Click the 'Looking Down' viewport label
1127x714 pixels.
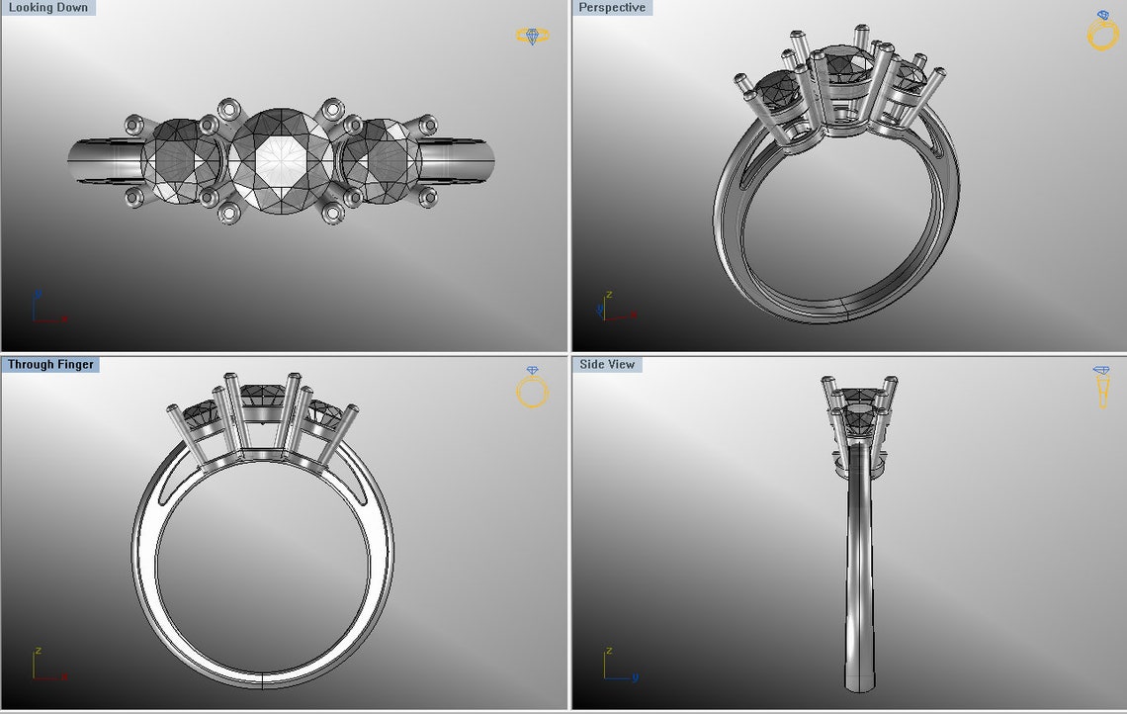47,8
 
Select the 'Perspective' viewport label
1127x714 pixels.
612,8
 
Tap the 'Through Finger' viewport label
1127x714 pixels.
50,365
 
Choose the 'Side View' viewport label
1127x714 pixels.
607,365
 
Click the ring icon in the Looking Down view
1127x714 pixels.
532,36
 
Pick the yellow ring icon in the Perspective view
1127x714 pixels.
1101,32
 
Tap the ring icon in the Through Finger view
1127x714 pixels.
532,388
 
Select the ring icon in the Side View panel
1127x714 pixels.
1101,388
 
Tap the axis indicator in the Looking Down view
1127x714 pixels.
45,310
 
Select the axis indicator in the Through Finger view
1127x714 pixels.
45,666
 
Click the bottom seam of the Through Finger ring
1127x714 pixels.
262,680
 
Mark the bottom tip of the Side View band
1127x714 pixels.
859,687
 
